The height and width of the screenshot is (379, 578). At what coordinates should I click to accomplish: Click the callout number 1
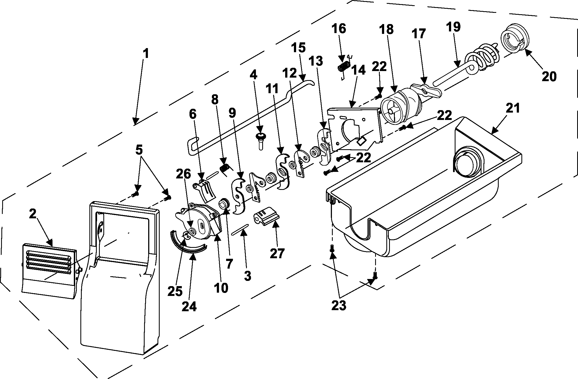point(146,54)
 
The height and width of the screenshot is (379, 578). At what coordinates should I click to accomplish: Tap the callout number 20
point(549,77)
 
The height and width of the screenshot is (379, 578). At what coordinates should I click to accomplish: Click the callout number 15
point(298,48)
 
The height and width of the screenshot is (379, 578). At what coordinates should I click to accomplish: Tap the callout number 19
point(453,27)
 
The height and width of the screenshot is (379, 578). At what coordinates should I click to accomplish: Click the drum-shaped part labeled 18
point(402,107)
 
